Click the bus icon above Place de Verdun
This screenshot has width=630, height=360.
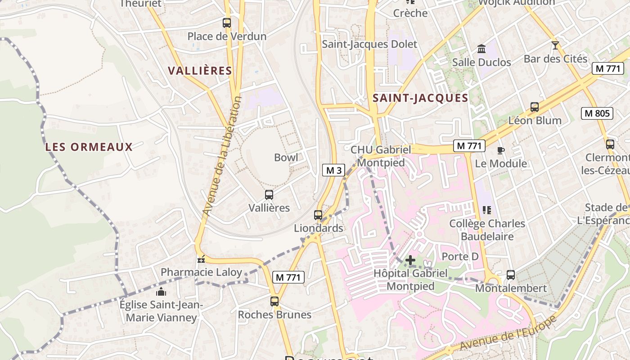227,22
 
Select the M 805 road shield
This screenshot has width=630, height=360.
597,113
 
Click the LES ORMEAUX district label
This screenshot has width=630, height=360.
89,147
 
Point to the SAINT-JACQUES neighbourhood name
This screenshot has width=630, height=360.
420,98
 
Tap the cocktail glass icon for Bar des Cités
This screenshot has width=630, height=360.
555,45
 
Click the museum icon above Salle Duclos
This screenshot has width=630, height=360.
481,49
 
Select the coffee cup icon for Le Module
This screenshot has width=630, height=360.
501,150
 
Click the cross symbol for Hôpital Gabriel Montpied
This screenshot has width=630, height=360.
410,260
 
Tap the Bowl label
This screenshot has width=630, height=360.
286,157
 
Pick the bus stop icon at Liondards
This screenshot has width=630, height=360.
318,215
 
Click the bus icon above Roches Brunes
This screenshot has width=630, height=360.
274,301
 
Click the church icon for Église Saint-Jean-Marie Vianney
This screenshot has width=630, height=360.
161,292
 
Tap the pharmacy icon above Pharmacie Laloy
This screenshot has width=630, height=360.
201,259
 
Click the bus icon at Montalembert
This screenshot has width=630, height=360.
511,274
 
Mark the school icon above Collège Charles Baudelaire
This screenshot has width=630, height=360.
486,210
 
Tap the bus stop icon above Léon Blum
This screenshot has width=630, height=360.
535,107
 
